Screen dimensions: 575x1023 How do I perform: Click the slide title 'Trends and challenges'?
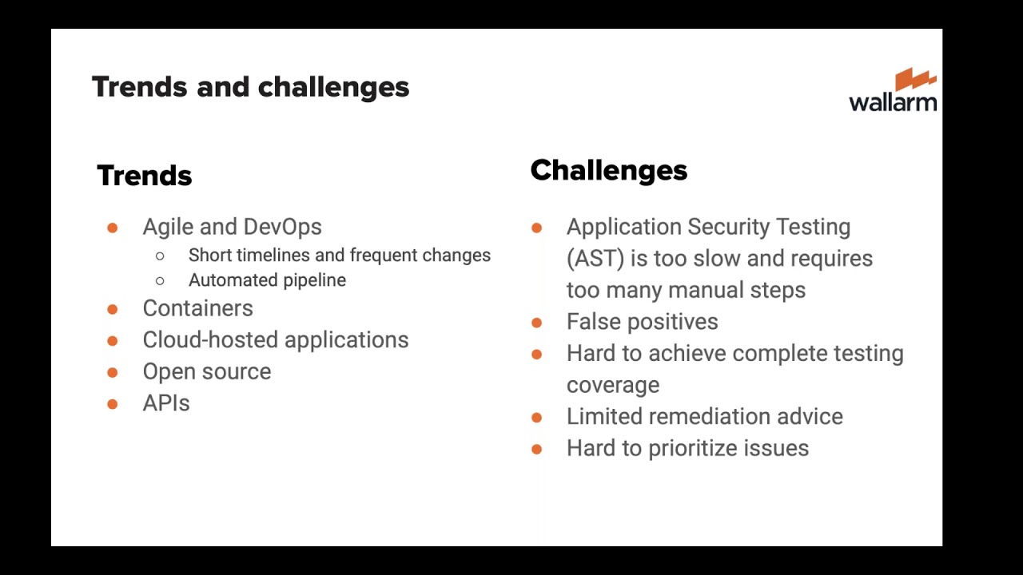pyautogui.click(x=250, y=87)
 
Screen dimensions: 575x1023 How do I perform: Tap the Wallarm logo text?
pyautogui.click(x=892, y=102)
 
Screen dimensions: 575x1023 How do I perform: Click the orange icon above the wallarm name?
pyautogui.click(x=915, y=79)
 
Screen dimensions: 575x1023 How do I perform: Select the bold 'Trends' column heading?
pyautogui.click(x=145, y=176)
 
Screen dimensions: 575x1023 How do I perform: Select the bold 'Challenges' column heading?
pyautogui.click(x=608, y=170)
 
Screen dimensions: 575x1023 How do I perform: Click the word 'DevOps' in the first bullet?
pyautogui.click(x=282, y=227)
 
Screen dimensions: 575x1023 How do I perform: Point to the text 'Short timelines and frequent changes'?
pyautogui.click(x=339, y=256)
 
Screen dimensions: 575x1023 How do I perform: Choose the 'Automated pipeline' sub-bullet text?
pyautogui.click(x=267, y=280)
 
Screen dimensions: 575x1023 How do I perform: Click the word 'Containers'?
pyautogui.click(x=197, y=308)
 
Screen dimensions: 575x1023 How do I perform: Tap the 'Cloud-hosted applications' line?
pyautogui.click(x=275, y=340)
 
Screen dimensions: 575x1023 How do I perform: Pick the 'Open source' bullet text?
pyautogui.click(x=206, y=372)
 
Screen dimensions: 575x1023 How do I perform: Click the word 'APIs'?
pyautogui.click(x=166, y=403)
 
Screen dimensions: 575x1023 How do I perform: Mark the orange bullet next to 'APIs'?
pyautogui.click(x=113, y=404)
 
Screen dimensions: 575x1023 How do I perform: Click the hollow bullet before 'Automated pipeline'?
pyautogui.click(x=160, y=281)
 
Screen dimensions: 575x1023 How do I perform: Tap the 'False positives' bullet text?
pyautogui.click(x=642, y=322)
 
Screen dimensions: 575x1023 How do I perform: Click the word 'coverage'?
pyautogui.click(x=613, y=385)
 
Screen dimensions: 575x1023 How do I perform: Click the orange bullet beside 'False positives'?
pyautogui.click(x=537, y=323)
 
